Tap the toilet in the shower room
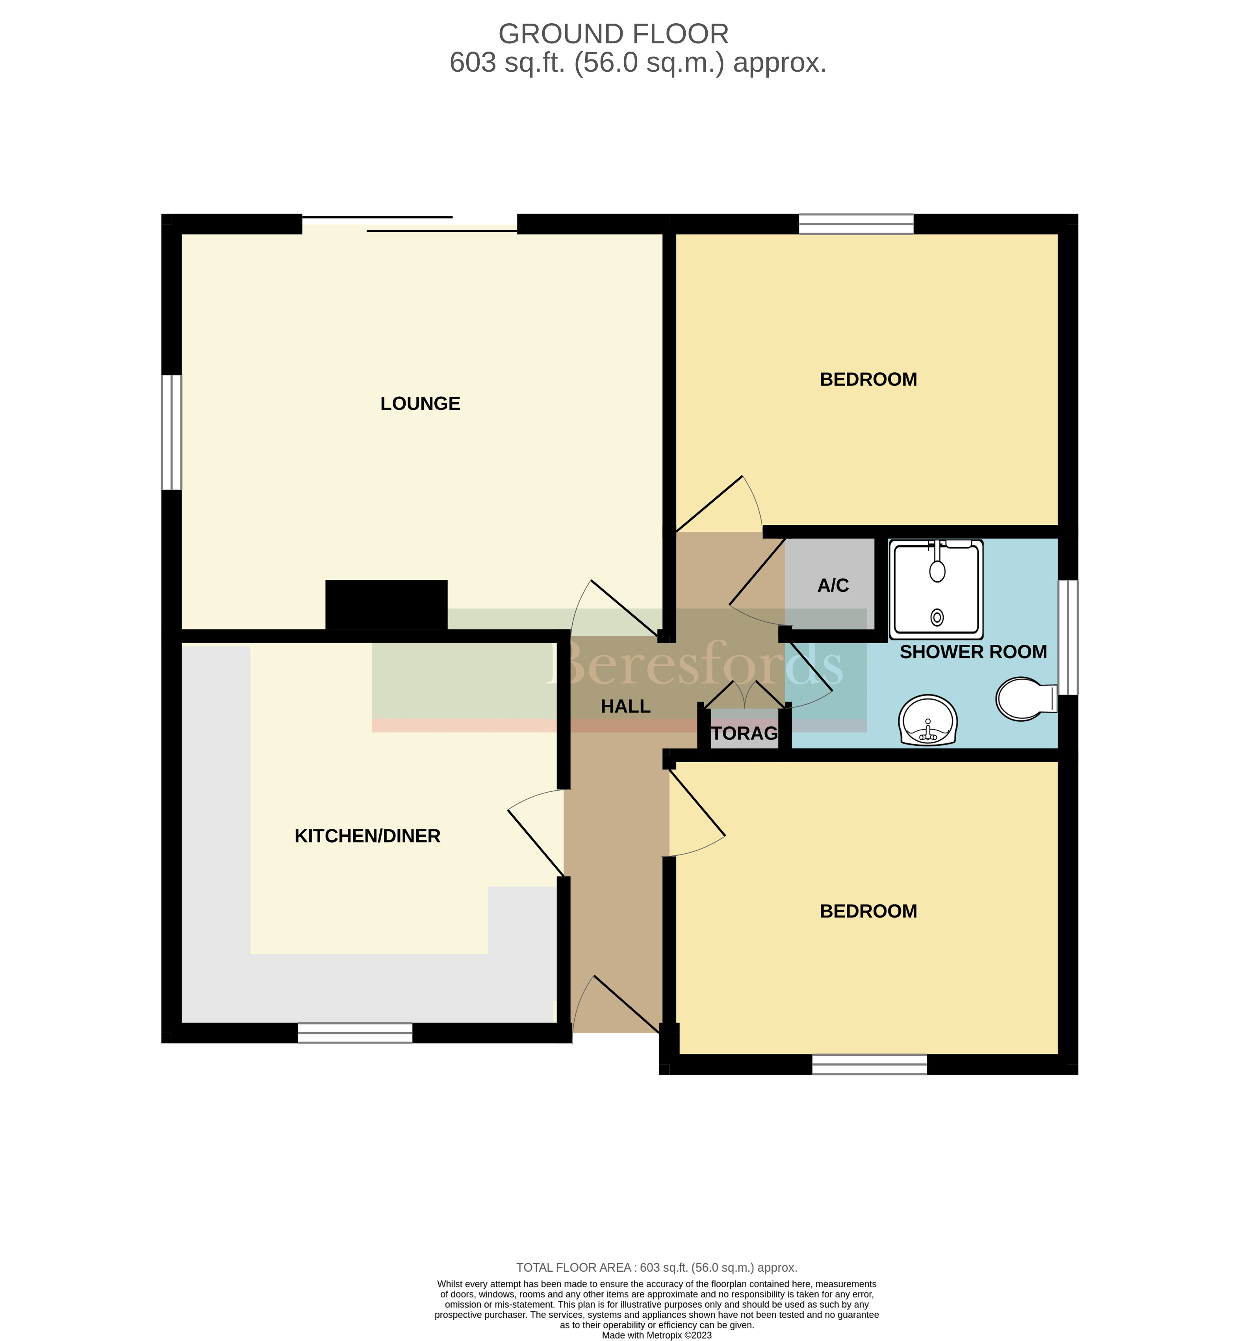[1024, 698]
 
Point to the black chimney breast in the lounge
[386, 604]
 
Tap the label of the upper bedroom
[868, 379]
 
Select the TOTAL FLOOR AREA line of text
[657, 1267]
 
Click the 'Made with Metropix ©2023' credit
[657, 1335]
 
